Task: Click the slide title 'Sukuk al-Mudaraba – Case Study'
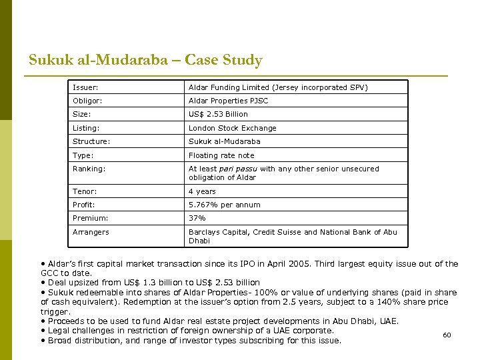pos(145,60)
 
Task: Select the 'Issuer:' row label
pos(85,87)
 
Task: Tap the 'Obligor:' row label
pos(87,101)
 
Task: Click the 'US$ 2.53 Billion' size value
pos(218,114)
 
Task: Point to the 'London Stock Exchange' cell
pos(232,128)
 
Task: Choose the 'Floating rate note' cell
pos(221,155)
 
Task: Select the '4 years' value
pos(202,191)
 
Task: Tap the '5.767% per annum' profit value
pos(224,205)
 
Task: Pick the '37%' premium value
pos(197,218)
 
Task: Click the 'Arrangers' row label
pos(91,232)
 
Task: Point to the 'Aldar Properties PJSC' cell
pos(228,101)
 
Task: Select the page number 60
pos(447,335)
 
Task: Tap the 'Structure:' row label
pos(91,141)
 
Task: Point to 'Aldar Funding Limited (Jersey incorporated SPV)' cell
pos(278,87)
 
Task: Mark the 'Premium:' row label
pos(90,218)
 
